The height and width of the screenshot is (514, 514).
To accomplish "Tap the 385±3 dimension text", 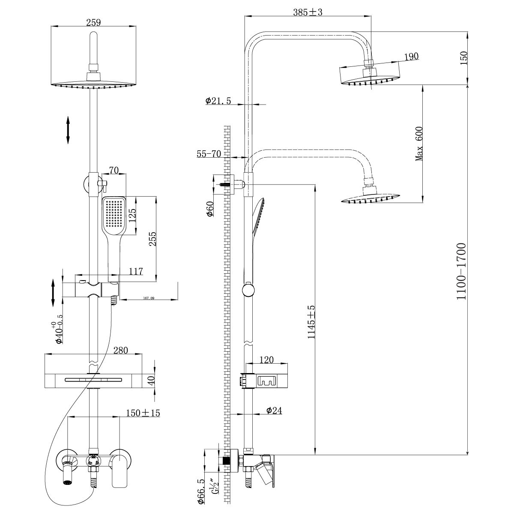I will coord(307,12).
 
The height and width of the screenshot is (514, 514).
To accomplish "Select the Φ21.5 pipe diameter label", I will coord(218,101).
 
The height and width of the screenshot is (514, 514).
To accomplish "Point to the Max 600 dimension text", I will coord(419,144).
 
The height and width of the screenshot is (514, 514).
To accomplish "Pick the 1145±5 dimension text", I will coord(311,322).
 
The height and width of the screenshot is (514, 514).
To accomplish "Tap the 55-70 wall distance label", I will coord(209,154).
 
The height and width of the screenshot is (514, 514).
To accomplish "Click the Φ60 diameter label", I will coord(210,209).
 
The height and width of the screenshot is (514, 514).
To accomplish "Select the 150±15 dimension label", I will coord(143,413).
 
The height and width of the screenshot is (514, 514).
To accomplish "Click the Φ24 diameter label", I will coord(274,410).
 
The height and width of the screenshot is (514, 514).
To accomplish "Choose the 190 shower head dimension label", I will coord(410,56).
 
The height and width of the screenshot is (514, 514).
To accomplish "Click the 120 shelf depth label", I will coord(266,360).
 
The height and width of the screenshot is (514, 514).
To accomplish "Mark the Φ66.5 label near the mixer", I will coord(200,491).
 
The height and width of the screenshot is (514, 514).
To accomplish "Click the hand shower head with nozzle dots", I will coord(114,214).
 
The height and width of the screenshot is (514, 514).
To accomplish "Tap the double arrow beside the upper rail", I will coord(68,129).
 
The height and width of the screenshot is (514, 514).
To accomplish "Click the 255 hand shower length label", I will coord(152,245).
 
